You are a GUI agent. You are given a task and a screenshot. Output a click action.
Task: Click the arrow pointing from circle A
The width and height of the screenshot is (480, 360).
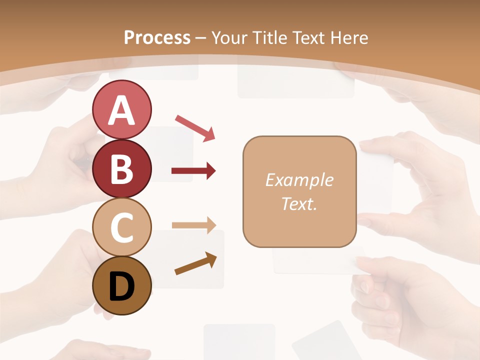pyautogui.click(x=195, y=127)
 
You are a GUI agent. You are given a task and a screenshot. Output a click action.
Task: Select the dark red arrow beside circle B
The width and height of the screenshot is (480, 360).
pyautogui.click(x=193, y=171)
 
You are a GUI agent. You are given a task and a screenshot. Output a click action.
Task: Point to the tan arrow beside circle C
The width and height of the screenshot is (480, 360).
pyautogui.click(x=193, y=225)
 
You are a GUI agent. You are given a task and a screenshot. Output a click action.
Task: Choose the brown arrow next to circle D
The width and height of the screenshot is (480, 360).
pyautogui.click(x=195, y=263)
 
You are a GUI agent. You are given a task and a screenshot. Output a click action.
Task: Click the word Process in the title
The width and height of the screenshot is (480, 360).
pyautogui.click(x=157, y=37)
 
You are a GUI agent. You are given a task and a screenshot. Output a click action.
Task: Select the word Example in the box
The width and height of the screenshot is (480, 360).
pyautogui.click(x=299, y=180)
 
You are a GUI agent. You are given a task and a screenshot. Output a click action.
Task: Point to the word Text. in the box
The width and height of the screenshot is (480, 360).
pyautogui.click(x=299, y=203)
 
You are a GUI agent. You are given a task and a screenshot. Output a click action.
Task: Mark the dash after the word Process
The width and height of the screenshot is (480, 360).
pyautogui.click(x=201, y=38)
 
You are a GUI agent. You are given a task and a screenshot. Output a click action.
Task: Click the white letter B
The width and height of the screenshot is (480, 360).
pyautogui.click(x=121, y=169)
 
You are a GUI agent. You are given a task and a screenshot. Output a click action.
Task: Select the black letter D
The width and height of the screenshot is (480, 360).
pyautogui.click(x=121, y=286)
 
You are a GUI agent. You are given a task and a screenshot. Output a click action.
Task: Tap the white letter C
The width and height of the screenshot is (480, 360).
pyautogui.click(x=121, y=227)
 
